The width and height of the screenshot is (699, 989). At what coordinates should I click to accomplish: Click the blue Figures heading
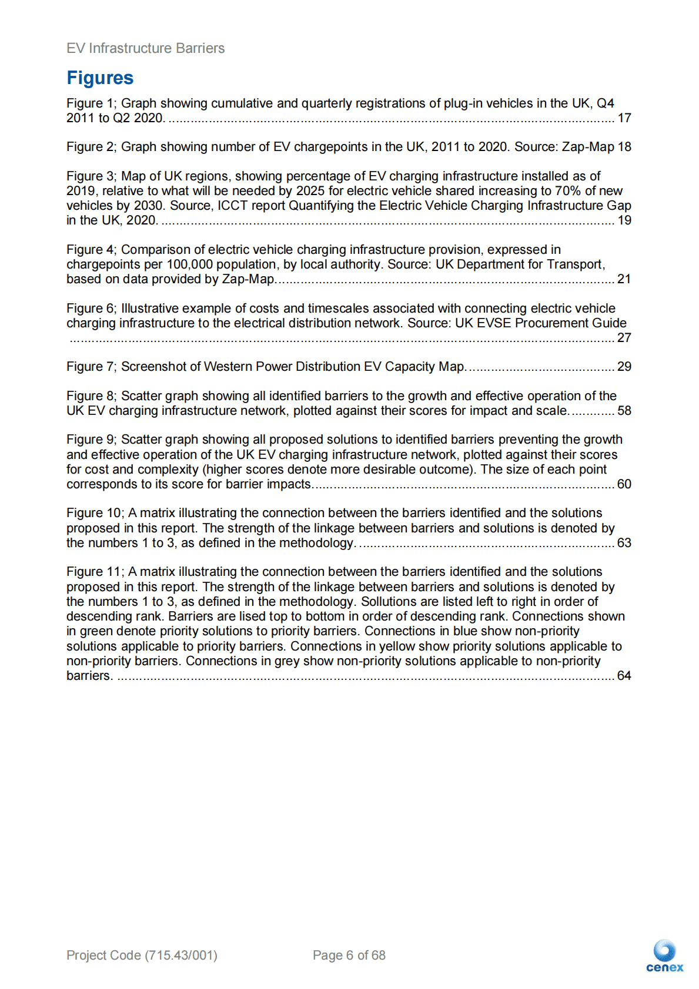100,78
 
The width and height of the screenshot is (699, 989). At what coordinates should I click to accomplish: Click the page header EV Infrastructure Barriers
145,48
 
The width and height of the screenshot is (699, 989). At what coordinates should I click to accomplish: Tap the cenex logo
664,956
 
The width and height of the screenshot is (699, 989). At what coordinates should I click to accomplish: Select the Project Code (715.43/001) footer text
142,955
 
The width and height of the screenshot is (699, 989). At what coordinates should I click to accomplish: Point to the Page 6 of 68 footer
349,955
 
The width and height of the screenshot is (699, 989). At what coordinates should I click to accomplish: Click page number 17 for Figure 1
624,118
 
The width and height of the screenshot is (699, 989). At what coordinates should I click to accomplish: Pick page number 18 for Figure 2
624,147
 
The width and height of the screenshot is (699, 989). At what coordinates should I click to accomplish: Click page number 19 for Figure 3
624,220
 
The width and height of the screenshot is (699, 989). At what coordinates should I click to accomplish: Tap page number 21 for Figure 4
624,279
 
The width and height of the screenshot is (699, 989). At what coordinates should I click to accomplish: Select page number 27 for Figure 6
624,338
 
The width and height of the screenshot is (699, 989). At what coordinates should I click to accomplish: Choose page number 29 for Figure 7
624,367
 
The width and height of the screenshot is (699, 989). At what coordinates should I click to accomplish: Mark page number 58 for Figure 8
624,411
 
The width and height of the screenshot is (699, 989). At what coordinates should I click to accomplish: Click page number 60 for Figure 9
624,484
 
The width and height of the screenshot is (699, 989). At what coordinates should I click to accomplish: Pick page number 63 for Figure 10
624,543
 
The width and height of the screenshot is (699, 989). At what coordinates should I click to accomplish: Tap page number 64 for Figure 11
624,676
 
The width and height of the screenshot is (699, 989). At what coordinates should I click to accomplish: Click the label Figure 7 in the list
91,367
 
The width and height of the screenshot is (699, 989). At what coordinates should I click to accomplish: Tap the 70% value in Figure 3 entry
568,191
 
